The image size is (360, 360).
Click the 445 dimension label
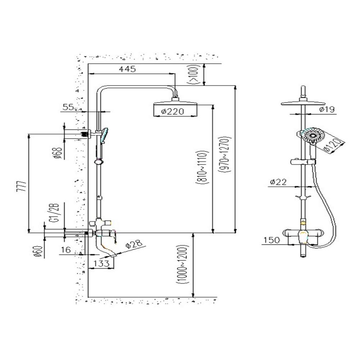(127, 69)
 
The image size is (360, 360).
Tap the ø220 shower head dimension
(173, 112)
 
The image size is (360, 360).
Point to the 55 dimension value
(68, 107)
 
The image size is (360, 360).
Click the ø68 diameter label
(58, 153)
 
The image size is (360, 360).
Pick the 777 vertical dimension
(22, 186)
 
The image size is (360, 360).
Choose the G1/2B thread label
(55, 213)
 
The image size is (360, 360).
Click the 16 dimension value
(66, 249)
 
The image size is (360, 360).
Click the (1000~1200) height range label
(183, 265)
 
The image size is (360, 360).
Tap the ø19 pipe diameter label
(327, 109)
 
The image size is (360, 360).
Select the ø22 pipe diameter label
(278, 182)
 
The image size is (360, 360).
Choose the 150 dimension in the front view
(271, 240)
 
